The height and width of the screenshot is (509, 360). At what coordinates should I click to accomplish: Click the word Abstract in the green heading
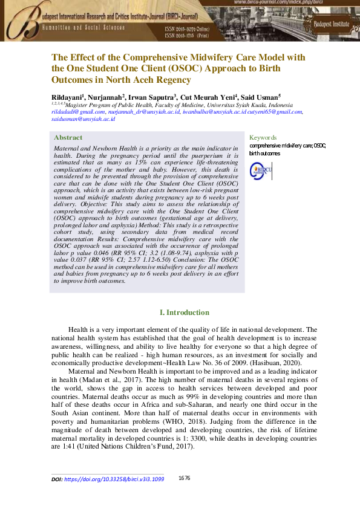pyautogui.click(x=68, y=137)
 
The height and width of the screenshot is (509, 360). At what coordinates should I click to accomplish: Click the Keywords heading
pyautogui.click(x=263, y=137)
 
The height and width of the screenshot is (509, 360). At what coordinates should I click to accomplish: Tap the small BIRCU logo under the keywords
pyautogui.click(x=261, y=169)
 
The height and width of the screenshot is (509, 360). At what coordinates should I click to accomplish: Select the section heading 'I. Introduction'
pyautogui.click(x=184, y=313)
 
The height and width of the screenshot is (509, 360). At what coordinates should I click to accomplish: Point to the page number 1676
pyautogui.click(x=185, y=478)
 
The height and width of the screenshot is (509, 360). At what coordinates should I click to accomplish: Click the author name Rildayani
pyautogui.click(x=67, y=96)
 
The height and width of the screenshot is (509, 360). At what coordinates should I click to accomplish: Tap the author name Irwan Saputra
pyautogui.click(x=152, y=96)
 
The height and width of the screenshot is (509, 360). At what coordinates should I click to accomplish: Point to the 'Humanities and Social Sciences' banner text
pyautogui.click(x=85, y=28)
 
